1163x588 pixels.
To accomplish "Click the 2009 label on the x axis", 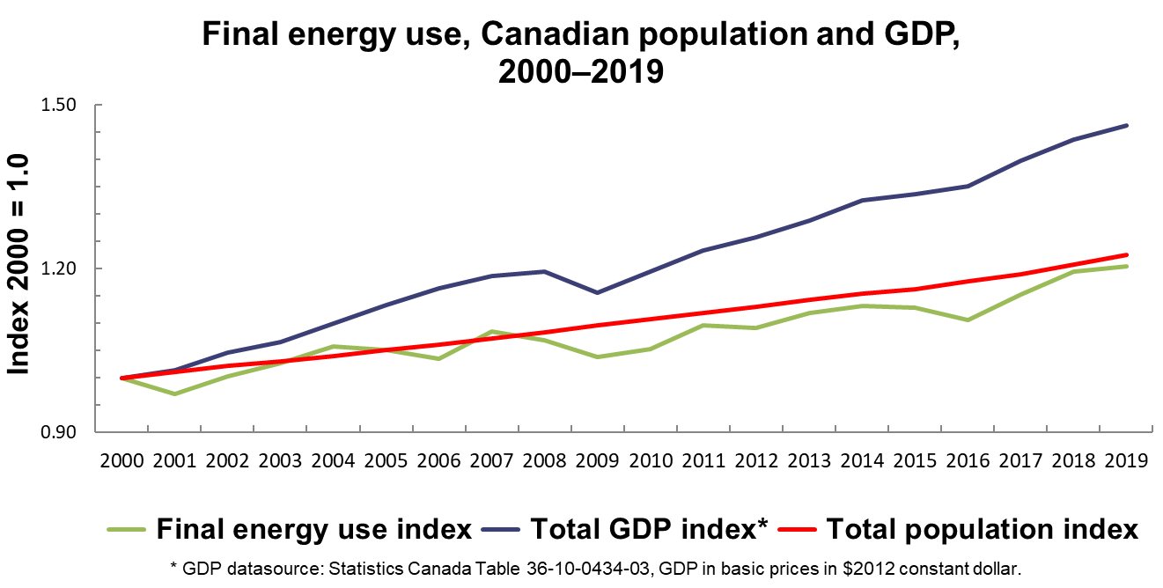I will click(597, 461).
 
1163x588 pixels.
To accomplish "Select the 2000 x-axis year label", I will click(121, 461).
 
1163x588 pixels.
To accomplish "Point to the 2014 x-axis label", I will click(861, 461).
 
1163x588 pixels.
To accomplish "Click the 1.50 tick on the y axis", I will click(59, 105).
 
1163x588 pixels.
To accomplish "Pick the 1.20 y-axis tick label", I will click(59, 268).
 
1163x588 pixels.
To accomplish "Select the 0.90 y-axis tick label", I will click(59, 432).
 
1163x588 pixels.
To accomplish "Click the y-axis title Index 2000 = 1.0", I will click(19, 264).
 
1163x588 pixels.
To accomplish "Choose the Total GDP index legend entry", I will click(648, 530).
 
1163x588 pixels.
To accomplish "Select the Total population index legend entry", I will click(982, 530).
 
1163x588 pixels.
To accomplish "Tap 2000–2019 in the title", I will click(580, 71).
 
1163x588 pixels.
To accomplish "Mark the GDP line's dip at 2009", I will click(598, 292).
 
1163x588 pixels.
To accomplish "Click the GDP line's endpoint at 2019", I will click(1126, 125).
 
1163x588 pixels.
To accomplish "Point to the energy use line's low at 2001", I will click(174, 393).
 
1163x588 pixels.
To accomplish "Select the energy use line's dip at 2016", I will click(968, 320).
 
